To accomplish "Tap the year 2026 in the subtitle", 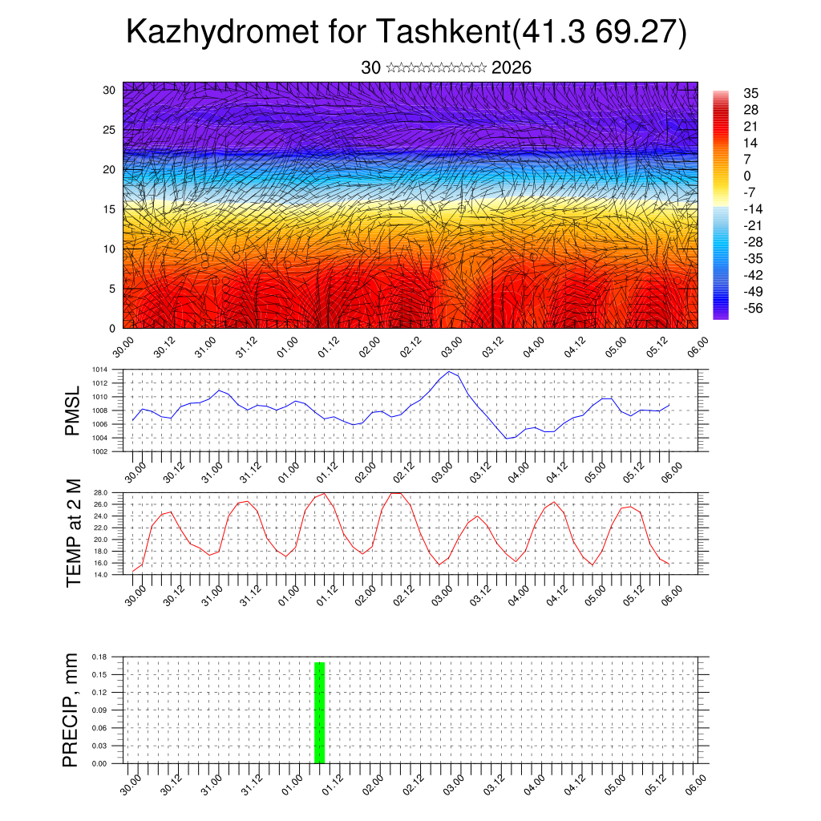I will point(512,68).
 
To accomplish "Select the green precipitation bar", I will point(319,712).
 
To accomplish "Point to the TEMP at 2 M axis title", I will point(74,532).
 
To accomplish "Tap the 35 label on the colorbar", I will point(750,93).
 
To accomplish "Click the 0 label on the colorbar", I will point(747,176).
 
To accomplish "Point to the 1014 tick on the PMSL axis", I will point(100,370).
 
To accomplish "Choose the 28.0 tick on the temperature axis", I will point(101,492).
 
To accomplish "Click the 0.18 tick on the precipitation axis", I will point(99,657).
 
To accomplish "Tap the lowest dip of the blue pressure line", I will point(507,439).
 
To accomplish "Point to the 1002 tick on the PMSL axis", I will point(100,451).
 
